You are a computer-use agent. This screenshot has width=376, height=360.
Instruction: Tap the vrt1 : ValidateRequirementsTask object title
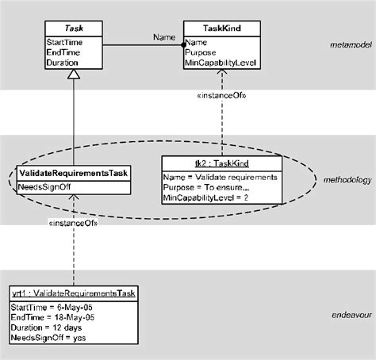point(72,293)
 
